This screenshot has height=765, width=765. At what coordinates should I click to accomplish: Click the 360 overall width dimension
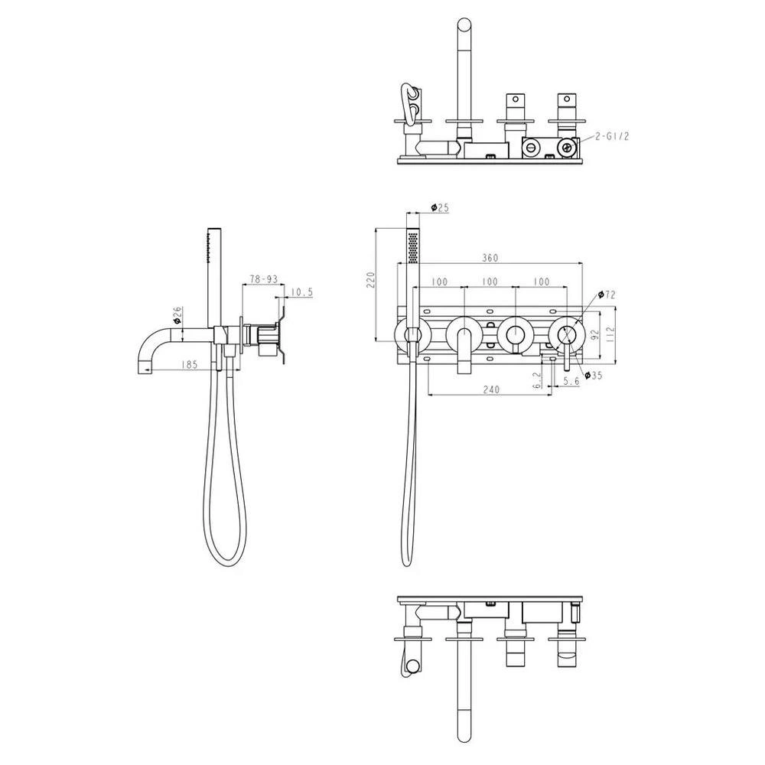(x=490, y=258)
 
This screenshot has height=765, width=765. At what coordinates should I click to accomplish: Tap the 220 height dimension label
(x=371, y=279)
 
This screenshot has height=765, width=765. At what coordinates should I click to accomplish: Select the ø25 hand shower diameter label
(x=440, y=207)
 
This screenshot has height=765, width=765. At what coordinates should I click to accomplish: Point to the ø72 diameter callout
(x=607, y=295)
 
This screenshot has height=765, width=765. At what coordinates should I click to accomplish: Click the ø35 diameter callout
(x=594, y=375)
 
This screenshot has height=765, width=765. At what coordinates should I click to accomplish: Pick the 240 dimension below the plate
(x=491, y=389)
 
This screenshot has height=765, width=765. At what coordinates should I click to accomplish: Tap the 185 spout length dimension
(x=188, y=364)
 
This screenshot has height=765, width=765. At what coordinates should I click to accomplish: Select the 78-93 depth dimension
(x=263, y=279)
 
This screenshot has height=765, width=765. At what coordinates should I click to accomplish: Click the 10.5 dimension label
(x=301, y=292)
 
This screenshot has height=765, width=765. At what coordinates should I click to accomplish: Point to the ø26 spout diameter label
(x=177, y=315)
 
